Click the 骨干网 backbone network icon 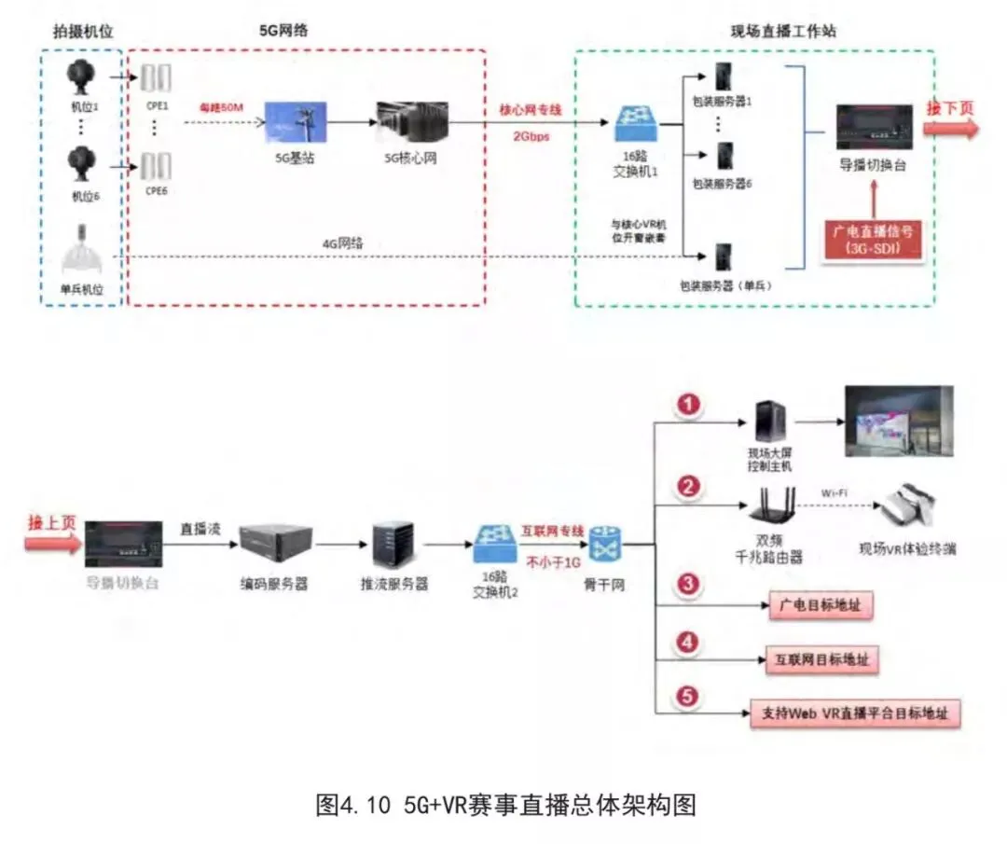pos(604,543)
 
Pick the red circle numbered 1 pos(688,405)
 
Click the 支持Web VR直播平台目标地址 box pos(855,713)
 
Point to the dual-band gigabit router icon pos(774,506)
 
